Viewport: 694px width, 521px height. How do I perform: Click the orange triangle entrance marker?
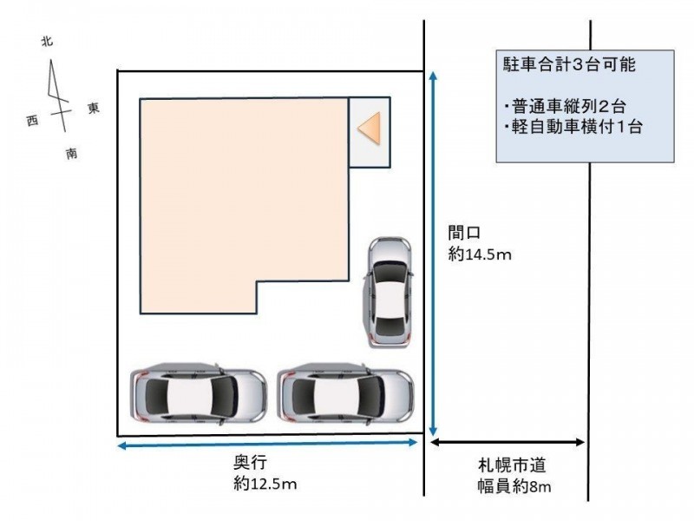tap(370, 129)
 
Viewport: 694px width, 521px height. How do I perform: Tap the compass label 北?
tap(47, 41)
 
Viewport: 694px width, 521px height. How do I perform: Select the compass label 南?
tap(71, 154)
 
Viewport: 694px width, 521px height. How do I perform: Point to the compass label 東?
tap(94, 108)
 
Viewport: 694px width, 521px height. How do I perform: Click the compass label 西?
tap(32, 120)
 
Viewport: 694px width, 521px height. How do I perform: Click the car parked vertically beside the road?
tap(388, 293)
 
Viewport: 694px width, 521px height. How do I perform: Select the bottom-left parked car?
tap(199, 394)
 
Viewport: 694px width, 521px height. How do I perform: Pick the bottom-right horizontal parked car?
tap(345, 394)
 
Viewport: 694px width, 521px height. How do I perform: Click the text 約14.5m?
tap(480, 254)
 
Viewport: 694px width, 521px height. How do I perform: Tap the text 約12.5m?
tap(265, 484)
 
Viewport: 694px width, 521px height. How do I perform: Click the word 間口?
tap(464, 232)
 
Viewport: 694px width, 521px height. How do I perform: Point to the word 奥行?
tap(250, 462)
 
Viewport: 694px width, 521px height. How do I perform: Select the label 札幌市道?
tap(512, 465)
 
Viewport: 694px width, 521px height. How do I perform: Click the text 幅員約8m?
tap(514, 486)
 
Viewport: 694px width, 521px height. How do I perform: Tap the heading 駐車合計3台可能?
tap(569, 64)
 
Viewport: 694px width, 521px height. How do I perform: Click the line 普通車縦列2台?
tap(565, 106)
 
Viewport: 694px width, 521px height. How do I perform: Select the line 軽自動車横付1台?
tap(573, 127)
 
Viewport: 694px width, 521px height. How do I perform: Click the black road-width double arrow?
tap(507, 442)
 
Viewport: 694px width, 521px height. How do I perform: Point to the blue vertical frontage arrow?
tap(433, 254)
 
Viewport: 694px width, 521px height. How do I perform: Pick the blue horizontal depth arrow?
tap(267, 444)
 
